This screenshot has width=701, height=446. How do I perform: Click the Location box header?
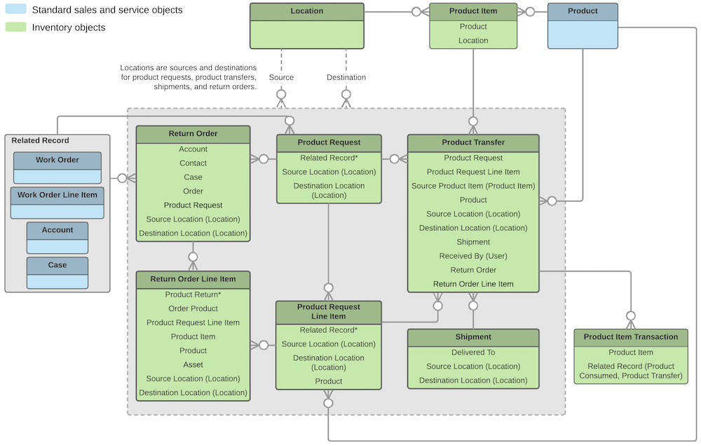tap(307, 11)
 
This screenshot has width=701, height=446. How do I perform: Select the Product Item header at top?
tap(473, 11)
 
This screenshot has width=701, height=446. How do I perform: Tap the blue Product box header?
tap(583, 11)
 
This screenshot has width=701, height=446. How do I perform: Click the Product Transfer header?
tap(473, 142)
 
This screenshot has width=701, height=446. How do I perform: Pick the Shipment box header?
tap(473, 337)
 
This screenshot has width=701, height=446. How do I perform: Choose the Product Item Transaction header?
tap(631, 337)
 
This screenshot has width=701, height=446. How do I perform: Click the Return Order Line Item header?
tap(193, 279)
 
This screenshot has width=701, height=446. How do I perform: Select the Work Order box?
tap(57, 167)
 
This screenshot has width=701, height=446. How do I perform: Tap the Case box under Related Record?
tap(57, 272)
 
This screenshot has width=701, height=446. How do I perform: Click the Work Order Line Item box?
tap(57, 202)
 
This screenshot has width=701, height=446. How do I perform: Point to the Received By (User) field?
tap(473, 256)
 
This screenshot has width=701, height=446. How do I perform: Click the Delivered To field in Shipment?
tap(473, 353)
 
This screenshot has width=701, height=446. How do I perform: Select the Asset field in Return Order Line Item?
tap(193, 365)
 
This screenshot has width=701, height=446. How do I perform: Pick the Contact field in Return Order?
tap(193, 163)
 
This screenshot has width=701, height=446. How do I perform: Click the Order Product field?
tap(193, 309)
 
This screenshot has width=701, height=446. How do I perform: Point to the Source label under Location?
tap(281, 77)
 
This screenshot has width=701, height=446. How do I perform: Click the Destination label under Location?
tap(346, 77)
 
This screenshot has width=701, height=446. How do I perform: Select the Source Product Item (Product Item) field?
tap(473, 186)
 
